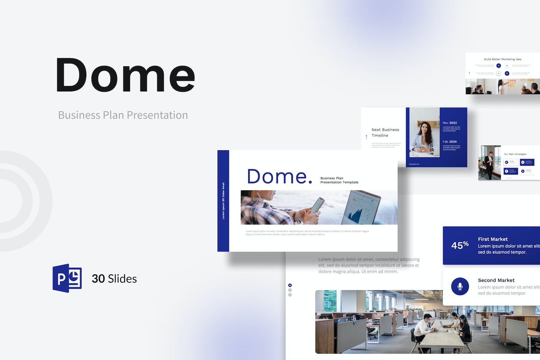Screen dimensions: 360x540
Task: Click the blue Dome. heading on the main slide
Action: [x=279, y=176]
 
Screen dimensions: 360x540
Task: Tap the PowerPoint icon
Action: [x=67, y=278]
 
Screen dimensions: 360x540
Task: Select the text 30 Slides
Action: [x=114, y=279]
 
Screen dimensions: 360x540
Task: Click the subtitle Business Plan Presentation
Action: [x=123, y=115]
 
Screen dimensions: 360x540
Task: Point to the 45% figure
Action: [x=460, y=245]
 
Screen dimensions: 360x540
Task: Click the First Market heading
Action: [x=493, y=239]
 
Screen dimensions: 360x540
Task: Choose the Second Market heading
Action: [x=496, y=280]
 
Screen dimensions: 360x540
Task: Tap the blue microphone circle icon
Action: [x=460, y=286]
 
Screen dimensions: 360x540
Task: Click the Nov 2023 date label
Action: [x=449, y=123]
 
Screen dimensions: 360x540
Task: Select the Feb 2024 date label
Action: [x=449, y=142]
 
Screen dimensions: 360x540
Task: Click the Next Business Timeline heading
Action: [x=385, y=132]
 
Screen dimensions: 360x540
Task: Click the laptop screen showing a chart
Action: [x=361, y=208]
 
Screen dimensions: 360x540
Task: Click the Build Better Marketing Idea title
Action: [x=503, y=60]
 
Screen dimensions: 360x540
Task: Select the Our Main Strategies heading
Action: [x=515, y=154]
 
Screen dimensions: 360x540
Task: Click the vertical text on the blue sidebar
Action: [x=223, y=201]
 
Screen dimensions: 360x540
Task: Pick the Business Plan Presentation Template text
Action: [x=339, y=180]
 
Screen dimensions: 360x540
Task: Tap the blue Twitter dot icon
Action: [x=290, y=285]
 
